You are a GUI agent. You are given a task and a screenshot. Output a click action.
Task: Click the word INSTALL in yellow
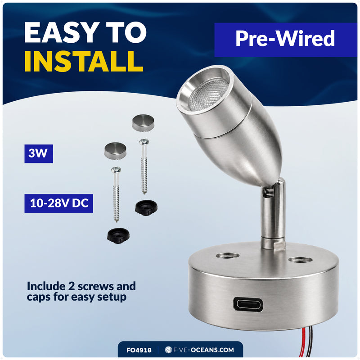(84, 61)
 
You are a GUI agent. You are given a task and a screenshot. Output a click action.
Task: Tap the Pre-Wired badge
(285, 40)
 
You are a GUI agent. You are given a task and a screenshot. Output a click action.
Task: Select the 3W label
(39, 153)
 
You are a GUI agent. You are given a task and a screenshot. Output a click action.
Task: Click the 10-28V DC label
(59, 203)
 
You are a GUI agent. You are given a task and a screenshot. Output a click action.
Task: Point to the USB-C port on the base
(248, 305)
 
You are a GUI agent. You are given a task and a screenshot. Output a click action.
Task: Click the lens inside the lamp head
(208, 94)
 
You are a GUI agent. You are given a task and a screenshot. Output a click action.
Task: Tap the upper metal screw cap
(143, 123)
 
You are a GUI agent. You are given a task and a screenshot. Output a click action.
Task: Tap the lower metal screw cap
(115, 151)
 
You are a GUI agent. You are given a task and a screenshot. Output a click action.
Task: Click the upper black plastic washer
(146, 207)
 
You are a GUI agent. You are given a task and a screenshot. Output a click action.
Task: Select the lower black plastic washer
(118, 236)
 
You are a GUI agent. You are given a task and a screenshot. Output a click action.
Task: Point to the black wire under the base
(310, 343)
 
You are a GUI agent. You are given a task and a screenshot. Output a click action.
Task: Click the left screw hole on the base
(228, 255)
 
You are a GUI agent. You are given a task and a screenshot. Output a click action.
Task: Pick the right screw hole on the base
(300, 260)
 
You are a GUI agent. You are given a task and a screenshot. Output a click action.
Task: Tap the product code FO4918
(139, 350)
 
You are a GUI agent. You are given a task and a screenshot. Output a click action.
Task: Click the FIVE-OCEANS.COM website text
(204, 350)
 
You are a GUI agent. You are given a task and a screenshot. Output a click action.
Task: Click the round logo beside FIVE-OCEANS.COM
(168, 350)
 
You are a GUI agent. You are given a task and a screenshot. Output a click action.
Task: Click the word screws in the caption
(96, 287)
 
